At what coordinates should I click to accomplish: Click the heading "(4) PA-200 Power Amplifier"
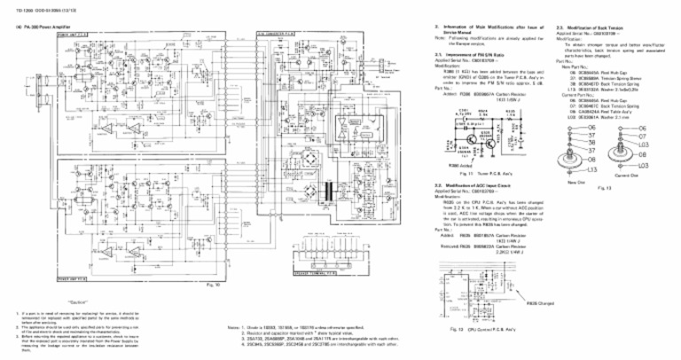(x=41, y=27)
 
